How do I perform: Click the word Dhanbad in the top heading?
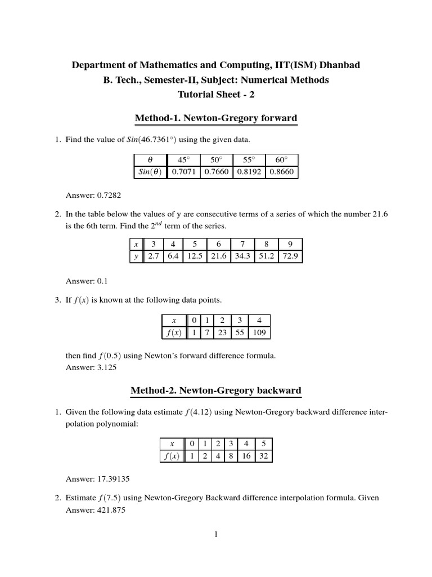(x=336, y=65)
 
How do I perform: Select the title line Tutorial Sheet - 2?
(x=215, y=95)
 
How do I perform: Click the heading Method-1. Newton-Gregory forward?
(x=215, y=118)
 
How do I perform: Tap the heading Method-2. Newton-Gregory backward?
(x=215, y=390)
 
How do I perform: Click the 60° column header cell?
(x=281, y=160)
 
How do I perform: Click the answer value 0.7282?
(x=109, y=196)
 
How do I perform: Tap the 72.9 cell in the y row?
(x=290, y=256)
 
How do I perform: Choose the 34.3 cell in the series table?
(x=242, y=256)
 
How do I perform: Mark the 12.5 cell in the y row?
(x=193, y=256)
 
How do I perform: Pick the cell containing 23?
(x=222, y=332)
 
